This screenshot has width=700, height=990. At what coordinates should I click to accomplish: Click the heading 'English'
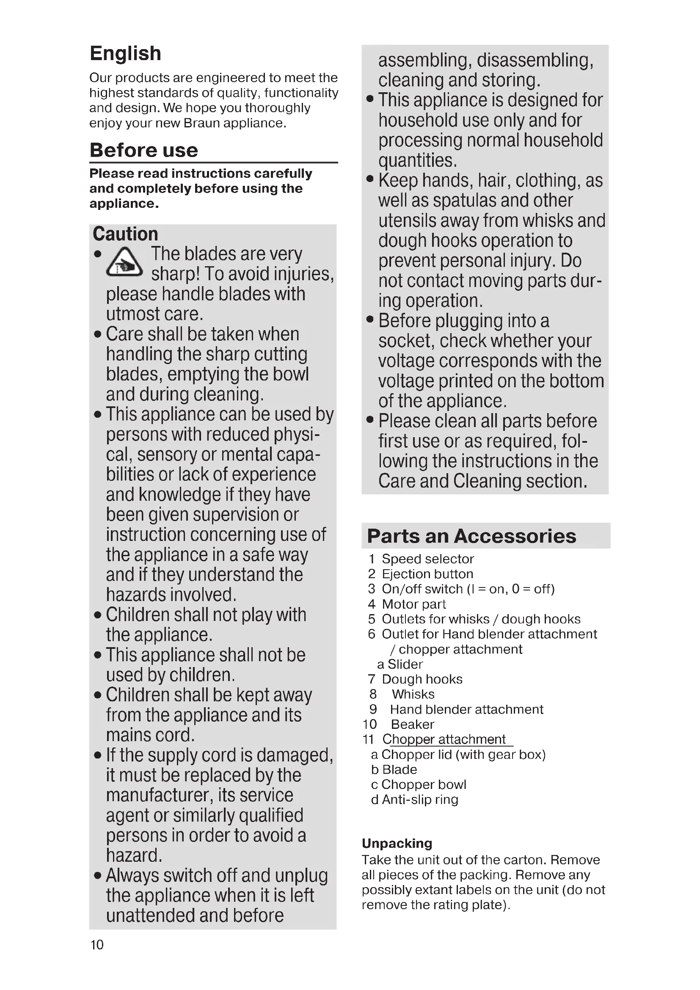click(125, 53)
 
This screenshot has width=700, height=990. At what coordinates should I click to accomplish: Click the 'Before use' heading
click(143, 150)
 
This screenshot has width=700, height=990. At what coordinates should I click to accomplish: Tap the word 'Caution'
click(125, 234)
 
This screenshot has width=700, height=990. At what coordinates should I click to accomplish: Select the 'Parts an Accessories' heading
click(471, 536)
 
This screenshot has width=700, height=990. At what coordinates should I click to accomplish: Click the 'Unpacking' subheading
click(397, 843)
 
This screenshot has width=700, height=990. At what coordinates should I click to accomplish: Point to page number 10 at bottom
click(97, 945)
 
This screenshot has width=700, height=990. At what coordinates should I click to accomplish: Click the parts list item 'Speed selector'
click(427, 559)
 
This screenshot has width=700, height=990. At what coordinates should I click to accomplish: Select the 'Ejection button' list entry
click(427, 574)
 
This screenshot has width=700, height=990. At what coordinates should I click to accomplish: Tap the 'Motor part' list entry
click(413, 604)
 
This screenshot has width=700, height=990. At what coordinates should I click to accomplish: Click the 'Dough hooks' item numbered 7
click(422, 679)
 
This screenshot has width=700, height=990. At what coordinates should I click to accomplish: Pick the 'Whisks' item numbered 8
click(413, 694)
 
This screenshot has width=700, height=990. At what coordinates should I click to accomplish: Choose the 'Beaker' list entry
click(412, 724)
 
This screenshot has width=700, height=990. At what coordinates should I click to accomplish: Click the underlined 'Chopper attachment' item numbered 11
click(444, 739)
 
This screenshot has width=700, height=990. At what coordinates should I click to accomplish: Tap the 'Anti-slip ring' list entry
click(419, 800)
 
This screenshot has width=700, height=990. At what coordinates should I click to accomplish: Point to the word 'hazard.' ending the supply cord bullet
click(134, 855)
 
